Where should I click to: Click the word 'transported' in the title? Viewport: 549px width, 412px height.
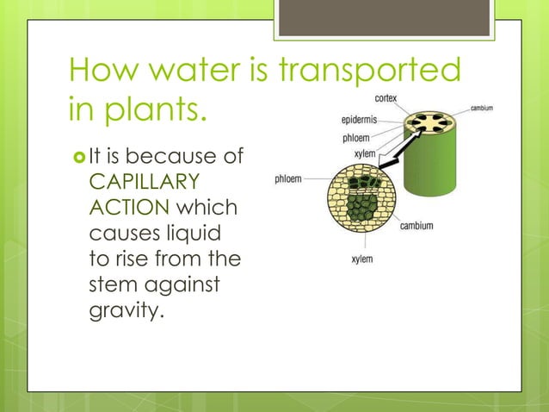(373, 72)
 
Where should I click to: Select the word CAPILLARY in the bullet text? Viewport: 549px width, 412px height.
(144, 183)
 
